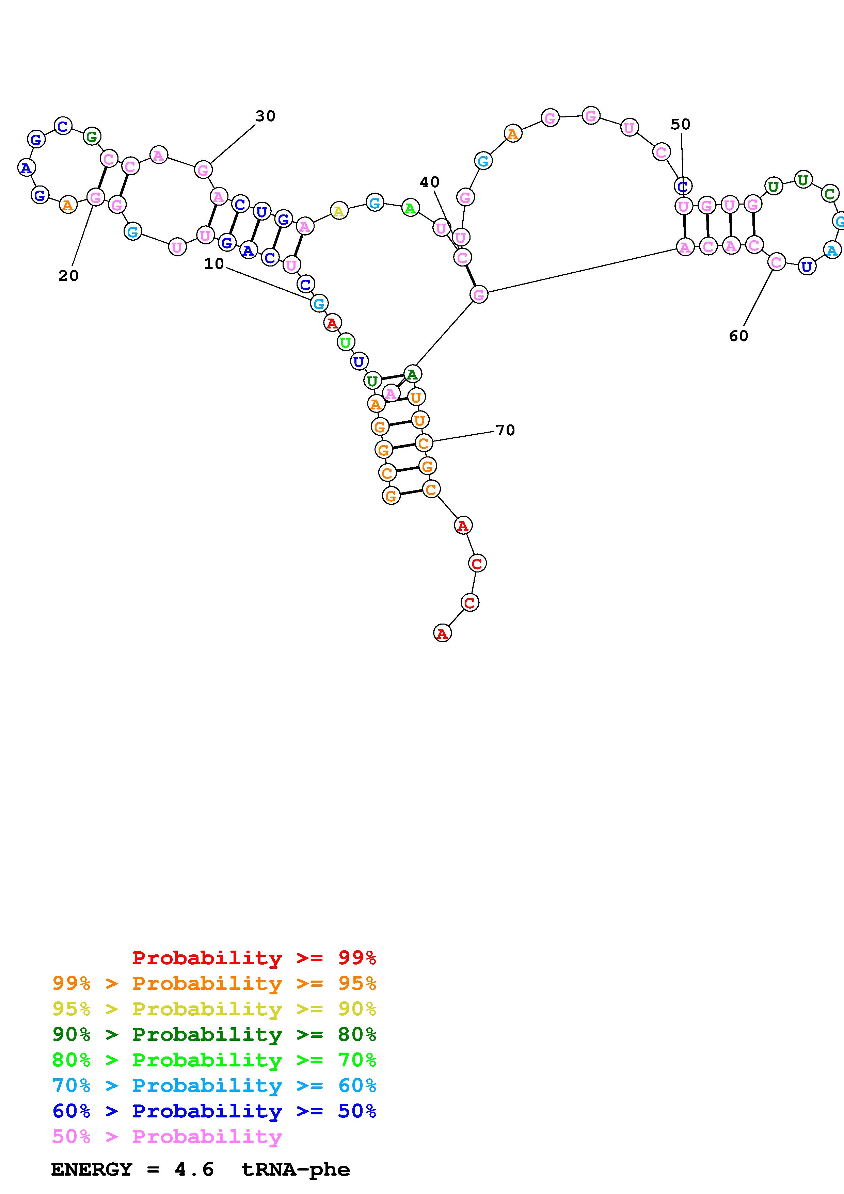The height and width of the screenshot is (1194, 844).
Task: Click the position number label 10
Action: click(x=214, y=264)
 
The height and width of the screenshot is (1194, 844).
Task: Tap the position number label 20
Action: click(x=68, y=276)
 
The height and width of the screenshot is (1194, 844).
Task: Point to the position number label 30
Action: click(x=265, y=116)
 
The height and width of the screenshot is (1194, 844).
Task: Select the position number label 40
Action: click(x=430, y=182)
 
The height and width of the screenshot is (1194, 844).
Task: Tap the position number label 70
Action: click(x=505, y=431)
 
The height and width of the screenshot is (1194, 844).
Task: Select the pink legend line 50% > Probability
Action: click(x=167, y=1137)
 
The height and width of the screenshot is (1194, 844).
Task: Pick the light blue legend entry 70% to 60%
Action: click(x=214, y=1086)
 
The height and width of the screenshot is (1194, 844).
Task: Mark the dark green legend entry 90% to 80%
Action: click(x=214, y=1035)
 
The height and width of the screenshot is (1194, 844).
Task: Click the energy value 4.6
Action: click(x=194, y=1169)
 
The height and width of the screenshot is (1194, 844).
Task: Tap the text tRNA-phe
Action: click(x=296, y=1169)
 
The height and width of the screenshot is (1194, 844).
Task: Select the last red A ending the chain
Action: click(x=442, y=633)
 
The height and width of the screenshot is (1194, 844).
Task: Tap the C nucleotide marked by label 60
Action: click(x=776, y=262)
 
